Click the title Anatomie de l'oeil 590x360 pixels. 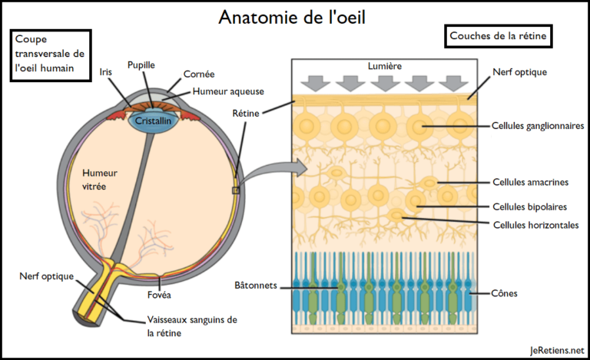pos(292,17)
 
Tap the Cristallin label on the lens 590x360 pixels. pos(153,121)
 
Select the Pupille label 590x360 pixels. pos(141,65)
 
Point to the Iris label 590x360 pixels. pos(106,72)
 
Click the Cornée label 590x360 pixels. pos(199,74)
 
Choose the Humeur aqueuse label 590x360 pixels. pos(228,91)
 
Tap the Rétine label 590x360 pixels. pos(246,113)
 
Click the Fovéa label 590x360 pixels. pos(159,295)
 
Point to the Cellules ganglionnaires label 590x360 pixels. pos(538,126)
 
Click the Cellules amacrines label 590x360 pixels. pos(531,182)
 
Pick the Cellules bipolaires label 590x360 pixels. pos(530,206)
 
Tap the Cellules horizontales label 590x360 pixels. pos(535,225)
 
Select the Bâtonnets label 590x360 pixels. pos(256,286)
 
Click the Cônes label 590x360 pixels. pos(504,293)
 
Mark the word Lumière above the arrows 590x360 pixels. pos(385,66)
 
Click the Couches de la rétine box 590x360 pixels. pos(498,36)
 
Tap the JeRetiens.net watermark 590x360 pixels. pos(557,350)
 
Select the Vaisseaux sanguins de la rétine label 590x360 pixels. pos(192,326)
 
